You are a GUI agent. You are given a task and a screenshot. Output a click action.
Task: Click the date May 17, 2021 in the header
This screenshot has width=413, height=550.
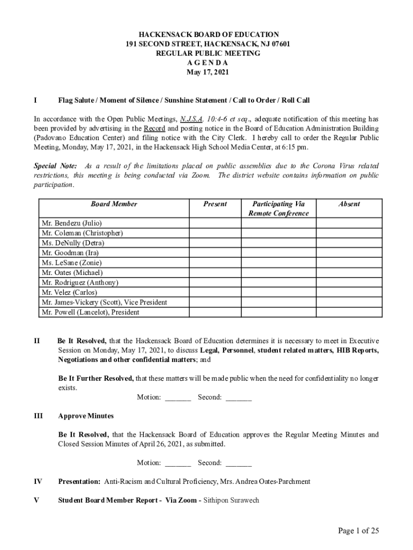(x=207, y=72)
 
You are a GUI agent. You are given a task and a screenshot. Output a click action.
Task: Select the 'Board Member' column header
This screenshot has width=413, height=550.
(x=114, y=204)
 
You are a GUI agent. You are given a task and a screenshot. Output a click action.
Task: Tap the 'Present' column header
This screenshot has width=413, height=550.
(x=215, y=204)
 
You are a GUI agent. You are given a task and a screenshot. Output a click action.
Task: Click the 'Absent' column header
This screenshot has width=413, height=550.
(x=349, y=204)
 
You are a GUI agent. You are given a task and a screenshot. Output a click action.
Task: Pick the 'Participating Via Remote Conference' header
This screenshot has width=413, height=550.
(x=278, y=208)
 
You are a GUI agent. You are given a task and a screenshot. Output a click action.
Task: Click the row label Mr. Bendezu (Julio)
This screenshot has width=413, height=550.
(x=71, y=223)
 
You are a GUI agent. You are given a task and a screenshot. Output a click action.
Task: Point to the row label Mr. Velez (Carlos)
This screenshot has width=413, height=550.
(x=69, y=292)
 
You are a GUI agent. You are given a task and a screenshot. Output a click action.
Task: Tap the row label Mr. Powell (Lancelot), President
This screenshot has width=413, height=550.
(x=90, y=312)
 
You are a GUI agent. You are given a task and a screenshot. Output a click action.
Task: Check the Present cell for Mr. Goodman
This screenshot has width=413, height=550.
(x=215, y=252)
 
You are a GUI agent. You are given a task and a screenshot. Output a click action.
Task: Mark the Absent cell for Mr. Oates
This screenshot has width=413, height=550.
(x=349, y=272)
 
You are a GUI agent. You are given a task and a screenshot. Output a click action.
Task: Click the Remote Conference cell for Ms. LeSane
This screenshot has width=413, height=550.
(x=278, y=263)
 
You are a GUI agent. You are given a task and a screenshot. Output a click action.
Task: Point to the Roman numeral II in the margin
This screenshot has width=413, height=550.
(x=36, y=341)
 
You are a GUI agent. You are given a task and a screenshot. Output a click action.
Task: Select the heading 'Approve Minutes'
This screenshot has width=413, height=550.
(x=86, y=416)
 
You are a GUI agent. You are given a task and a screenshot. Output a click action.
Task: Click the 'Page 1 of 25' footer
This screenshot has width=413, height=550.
(x=358, y=531)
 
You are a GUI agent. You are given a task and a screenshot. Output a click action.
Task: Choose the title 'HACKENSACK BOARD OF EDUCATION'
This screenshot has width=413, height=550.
(x=207, y=34)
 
